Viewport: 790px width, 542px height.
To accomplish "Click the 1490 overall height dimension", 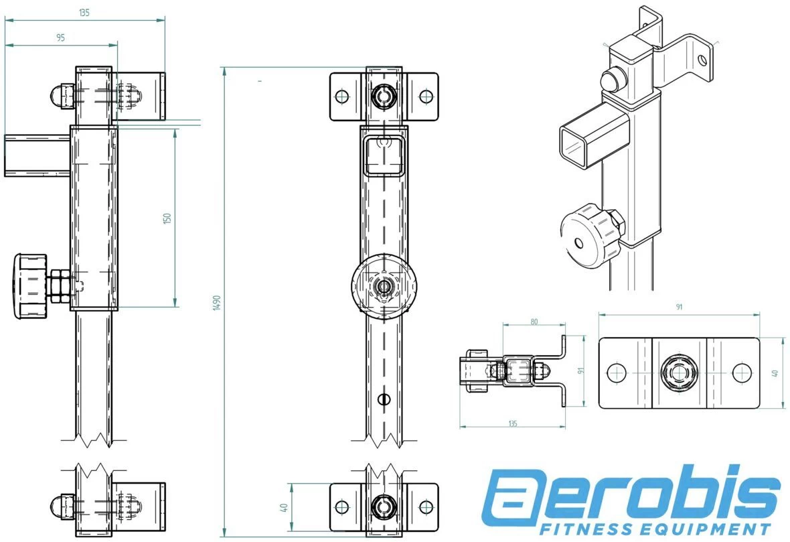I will (216, 303).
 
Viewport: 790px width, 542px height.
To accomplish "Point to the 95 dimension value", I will (60, 38).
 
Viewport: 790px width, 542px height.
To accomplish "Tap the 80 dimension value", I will (534, 321).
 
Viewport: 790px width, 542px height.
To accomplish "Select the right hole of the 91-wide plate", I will (740, 372).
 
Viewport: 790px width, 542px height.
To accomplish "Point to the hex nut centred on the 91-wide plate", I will (679, 372).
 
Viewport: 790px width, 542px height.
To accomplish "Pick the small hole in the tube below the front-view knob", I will (383, 399).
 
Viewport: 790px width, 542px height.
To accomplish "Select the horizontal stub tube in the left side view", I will (37, 155).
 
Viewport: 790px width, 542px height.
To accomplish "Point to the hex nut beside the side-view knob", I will (58, 285).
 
